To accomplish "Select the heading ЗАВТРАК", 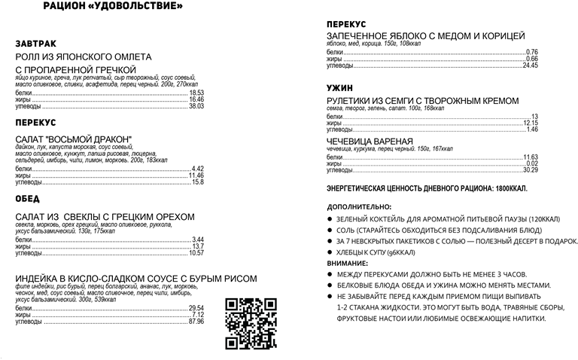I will tap(36, 43).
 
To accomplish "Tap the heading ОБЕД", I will tap(28, 199).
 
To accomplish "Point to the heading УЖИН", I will tap(339, 87).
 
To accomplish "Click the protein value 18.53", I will tap(197, 93).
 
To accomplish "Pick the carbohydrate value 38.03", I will tap(196, 106).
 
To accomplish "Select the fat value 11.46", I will tap(196, 175).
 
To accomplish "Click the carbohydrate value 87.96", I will tap(196, 322).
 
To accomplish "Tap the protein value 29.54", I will tap(196, 308).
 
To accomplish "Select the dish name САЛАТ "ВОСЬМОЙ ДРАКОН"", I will tap(74, 139).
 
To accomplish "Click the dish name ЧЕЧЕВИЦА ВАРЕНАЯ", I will tap(370, 142).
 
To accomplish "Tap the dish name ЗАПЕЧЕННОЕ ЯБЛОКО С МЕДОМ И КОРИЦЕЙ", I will tap(426, 36).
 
